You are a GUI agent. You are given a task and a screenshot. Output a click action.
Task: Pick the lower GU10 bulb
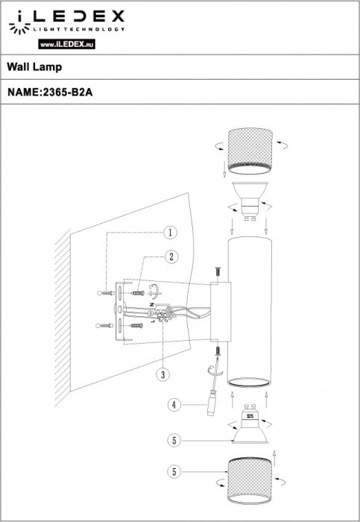pyautogui.click(x=250, y=427)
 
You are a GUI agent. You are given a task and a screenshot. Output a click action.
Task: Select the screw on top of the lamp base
pyautogui.click(x=217, y=274)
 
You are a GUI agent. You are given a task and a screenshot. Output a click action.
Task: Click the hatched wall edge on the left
pyautogui.click(x=63, y=313)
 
